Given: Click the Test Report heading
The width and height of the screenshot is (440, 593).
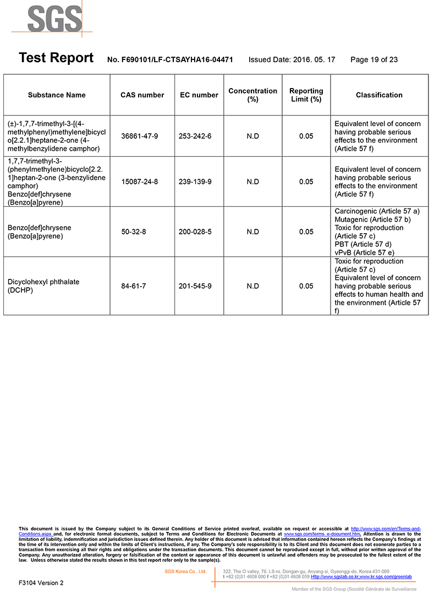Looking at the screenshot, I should click(x=56, y=58).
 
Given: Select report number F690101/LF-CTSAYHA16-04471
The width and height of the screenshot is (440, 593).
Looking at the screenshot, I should click(x=170, y=59).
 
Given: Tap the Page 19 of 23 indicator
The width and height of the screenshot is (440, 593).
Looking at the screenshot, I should click(x=374, y=59).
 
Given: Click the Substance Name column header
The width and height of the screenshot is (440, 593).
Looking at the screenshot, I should click(x=57, y=95).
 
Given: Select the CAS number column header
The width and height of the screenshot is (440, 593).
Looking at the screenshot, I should click(x=142, y=95).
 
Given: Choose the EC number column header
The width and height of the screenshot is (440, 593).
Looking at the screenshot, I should click(x=199, y=95).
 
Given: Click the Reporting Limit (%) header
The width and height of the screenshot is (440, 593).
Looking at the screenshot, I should click(x=306, y=95).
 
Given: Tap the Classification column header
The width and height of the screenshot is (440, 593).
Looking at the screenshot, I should click(x=379, y=95).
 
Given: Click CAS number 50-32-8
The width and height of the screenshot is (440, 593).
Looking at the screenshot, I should click(x=134, y=232).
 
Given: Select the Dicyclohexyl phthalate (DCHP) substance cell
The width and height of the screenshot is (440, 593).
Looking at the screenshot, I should click(x=43, y=286).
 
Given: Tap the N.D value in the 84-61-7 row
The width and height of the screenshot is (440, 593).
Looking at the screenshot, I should click(x=252, y=286).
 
